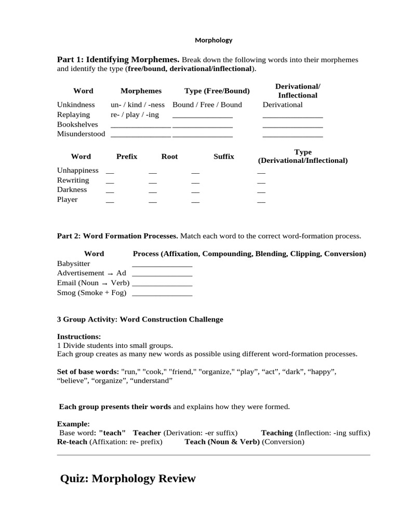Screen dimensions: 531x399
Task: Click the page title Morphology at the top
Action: click(214, 40)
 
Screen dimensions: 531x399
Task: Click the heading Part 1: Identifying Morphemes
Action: click(118, 60)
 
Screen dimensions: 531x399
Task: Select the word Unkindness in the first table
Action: click(76, 105)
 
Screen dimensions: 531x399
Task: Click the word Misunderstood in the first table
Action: click(81, 134)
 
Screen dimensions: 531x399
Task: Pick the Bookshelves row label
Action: click(77, 124)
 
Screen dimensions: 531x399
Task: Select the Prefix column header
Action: click(127, 157)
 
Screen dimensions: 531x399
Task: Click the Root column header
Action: click(169, 157)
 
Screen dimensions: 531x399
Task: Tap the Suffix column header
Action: click(224, 157)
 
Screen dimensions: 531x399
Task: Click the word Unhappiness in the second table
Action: click(77, 171)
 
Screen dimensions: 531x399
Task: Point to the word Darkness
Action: click(72, 190)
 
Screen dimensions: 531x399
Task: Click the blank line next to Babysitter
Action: click(162, 264)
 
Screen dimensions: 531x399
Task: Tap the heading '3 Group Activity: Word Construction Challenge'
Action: click(140, 319)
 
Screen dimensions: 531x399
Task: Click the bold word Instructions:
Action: click(79, 337)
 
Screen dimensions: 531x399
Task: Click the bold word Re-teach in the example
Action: click(72, 442)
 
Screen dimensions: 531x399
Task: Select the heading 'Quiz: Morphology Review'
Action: click(128, 479)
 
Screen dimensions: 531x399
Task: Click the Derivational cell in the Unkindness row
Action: click(283, 105)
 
